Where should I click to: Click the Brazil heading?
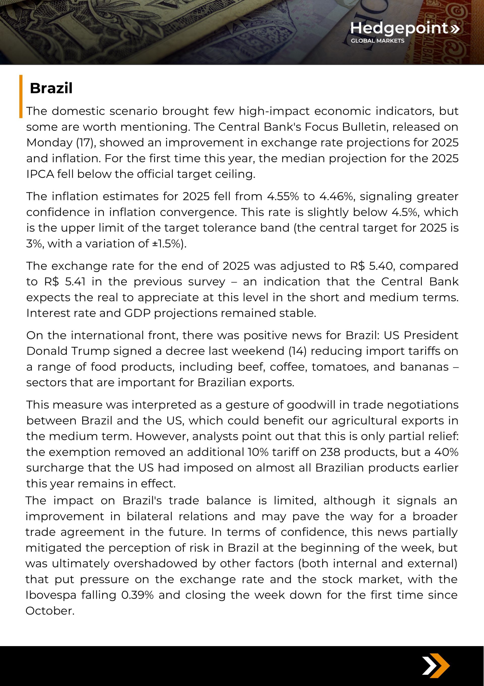[x=51, y=88]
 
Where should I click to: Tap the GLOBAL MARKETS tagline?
[x=377, y=41]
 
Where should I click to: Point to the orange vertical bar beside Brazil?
[x=21, y=96]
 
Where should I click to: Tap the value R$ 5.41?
[x=65, y=282]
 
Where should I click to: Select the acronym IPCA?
[x=40, y=174]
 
